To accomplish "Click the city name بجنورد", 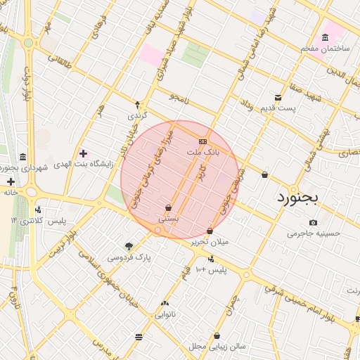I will click(x=295, y=195).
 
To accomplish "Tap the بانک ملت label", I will click(x=203, y=151).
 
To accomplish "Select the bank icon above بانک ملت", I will click(x=203, y=141).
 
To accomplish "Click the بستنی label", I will click(x=168, y=218).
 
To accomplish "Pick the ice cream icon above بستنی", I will click(x=168, y=207).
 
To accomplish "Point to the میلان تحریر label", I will click(x=210, y=241).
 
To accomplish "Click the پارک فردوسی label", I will click(x=129, y=257).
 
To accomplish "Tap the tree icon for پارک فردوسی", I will click(x=129, y=246).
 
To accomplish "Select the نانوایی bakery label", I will click(x=165, y=314).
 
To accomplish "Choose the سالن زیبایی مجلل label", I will click(x=217, y=347).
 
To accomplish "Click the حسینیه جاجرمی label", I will click(x=314, y=233).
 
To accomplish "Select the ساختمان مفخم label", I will click(x=324, y=48).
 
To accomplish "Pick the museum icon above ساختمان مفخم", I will click(x=324, y=37).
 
